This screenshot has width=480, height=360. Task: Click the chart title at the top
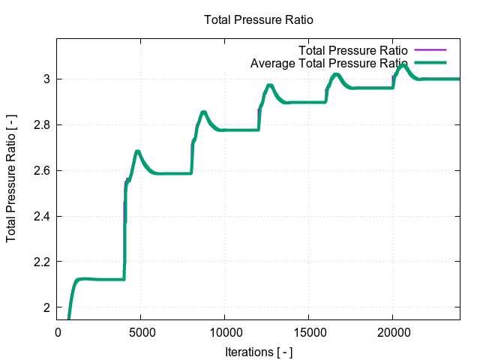point(258,19)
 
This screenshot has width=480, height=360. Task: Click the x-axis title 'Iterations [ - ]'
point(258,351)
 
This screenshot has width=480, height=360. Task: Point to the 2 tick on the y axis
point(46,307)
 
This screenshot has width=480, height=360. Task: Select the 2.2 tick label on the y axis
point(41,262)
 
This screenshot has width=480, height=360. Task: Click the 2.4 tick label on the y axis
point(41,216)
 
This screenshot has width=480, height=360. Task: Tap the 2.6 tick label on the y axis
point(41,170)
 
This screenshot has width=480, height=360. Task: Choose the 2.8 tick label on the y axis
point(41,124)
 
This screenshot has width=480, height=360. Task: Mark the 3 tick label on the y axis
point(46,79)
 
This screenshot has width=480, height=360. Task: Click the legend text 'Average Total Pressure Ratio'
point(328,63)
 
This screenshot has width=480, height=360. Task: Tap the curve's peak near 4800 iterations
point(138,151)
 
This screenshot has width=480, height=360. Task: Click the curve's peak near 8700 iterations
point(203,112)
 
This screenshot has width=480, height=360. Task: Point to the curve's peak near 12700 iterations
point(270,85)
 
